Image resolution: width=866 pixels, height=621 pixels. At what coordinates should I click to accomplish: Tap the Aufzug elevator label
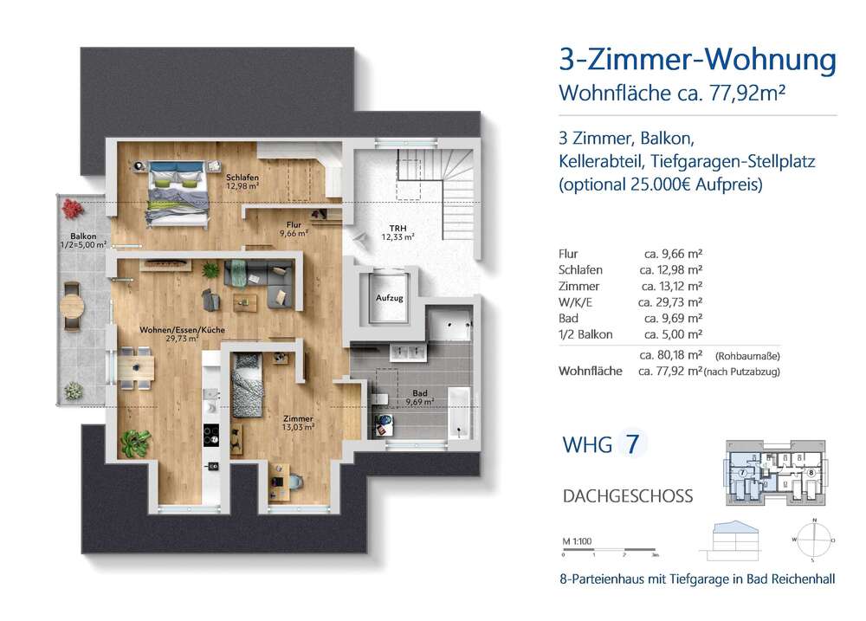coord(389,298)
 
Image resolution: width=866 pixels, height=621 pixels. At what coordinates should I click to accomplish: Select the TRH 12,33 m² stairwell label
coord(399,232)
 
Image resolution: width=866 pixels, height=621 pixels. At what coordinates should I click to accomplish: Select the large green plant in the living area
coord(132,443)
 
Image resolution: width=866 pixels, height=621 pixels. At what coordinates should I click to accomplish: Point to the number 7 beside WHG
coord(633,445)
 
